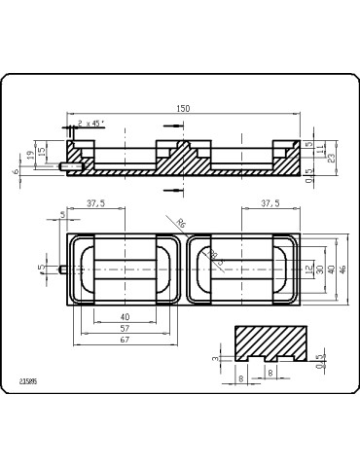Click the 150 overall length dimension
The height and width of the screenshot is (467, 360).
click(x=183, y=109)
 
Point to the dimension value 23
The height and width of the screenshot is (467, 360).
click(x=333, y=156)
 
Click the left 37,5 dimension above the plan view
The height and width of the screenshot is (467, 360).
click(x=96, y=203)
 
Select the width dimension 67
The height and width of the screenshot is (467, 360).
click(x=125, y=340)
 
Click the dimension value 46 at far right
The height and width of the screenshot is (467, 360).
click(x=342, y=269)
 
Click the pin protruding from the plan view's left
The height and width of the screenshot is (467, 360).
click(x=62, y=269)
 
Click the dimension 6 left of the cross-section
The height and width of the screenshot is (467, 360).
click(x=16, y=170)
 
